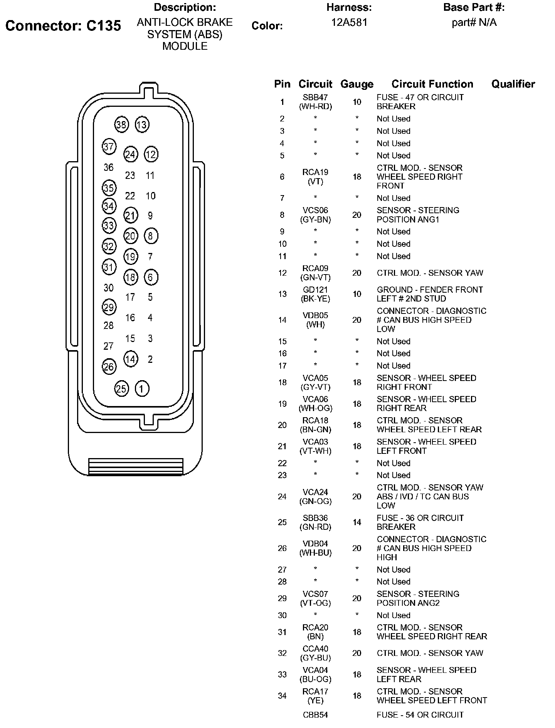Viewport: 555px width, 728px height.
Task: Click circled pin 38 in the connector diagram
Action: tap(121, 125)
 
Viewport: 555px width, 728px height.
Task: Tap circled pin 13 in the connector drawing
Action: tap(142, 125)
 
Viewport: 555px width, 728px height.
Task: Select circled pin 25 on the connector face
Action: tap(121, 389)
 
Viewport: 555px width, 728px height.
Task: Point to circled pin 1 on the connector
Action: tap(142, 389)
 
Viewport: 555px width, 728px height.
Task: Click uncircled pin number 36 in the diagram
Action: tap(109, 167)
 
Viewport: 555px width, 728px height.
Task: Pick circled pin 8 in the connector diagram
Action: tap(151, 236)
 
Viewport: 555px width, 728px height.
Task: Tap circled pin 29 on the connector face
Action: tap(109, 307)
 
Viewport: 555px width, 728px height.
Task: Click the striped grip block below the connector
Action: tap(136, 467)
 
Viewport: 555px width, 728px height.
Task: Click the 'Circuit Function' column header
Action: tap(432, 84)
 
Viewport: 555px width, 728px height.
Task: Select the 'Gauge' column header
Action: tap(357, 84)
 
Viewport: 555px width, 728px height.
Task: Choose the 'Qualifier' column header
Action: tap(513, 84)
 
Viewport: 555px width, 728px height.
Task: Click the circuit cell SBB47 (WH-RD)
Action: tap(315, 102)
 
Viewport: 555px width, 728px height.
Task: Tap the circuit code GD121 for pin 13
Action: tap(315, 290)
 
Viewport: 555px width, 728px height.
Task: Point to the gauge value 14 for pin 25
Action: tap(357, 522)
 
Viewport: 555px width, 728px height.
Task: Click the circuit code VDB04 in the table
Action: tap(315, 544)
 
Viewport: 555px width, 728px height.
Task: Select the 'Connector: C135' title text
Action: tap(63, 26)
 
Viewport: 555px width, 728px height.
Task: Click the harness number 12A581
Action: tap(349, 23)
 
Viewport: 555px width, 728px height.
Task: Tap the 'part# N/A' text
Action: tap(474, 23)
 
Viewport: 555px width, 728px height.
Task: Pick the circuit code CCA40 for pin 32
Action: tap(315, 649)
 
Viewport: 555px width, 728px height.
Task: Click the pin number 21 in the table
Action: tap(282, 447)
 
